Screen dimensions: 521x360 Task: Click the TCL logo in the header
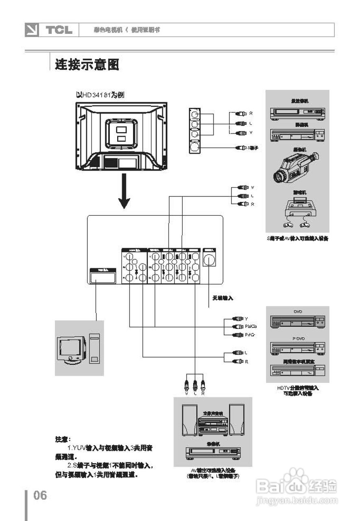(x=59, y=30)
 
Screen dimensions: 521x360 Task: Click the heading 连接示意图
(x=87, y=64)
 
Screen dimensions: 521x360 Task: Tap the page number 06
(x=40, y=495)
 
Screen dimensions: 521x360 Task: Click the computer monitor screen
(x=71, y=347)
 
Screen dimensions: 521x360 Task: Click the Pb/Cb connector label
(x=251, y=326)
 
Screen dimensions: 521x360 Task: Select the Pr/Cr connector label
(x=250, y=335)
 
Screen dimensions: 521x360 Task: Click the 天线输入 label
(x=223, y=298)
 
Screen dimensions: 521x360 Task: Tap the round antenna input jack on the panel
(x=209, y=260)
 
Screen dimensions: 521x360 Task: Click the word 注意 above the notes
(x=63, y=439)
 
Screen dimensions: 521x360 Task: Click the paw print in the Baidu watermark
(x=295, y=475)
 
